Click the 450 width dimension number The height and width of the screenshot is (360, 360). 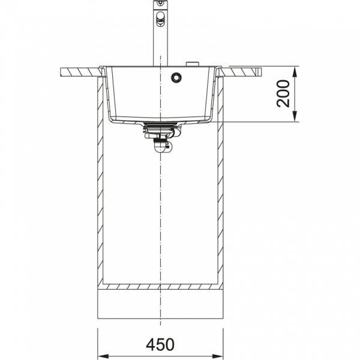(x=160, y=344)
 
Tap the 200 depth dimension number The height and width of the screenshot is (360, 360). (x=283, y=94)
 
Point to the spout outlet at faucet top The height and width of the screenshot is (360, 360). (x=160, y=3)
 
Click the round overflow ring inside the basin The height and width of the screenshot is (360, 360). (x=176, y=77)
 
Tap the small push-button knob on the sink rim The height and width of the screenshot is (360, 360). (x=193, y=64)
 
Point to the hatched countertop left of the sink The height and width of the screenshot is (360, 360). (x=81, y=72)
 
